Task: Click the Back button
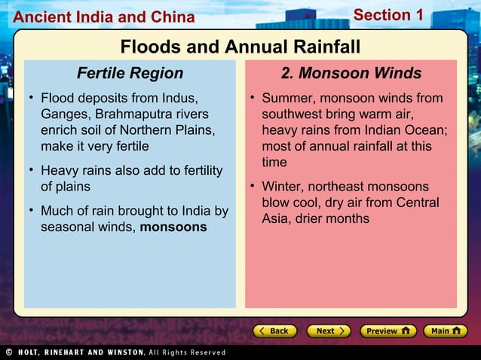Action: pyautogui.click(x=274, y=331)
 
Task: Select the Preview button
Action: pyautogui.click(x=388, y=331)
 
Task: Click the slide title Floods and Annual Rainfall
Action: pyautogui.click(x=240, y=47)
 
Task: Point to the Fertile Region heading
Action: pyautogui.click(x=130, y=73)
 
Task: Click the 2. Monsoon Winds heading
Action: pyautogui.click(x=351, y=73)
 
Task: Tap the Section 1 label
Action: pyautogui.click(x=388, y=15)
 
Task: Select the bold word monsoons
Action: pyautogui.click(x=173, y=227)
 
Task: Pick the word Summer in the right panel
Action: pyautogui.click(x=287, y=98)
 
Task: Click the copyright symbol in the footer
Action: pyautogui.click(x=8, y=352)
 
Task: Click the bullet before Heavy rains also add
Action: pyautogui.click(x=32, y=170)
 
